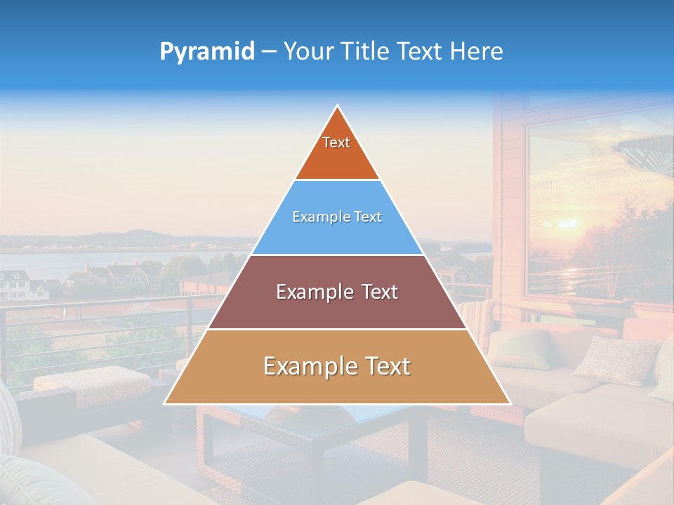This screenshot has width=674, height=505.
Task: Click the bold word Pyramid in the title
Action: point(207,51)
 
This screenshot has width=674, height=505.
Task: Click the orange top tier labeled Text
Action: point(337,151)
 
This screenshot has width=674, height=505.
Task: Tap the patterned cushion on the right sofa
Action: point(614,359)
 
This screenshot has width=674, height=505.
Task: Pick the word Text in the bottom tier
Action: point(386,366)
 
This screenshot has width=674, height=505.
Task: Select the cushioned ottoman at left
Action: point(91,382)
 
